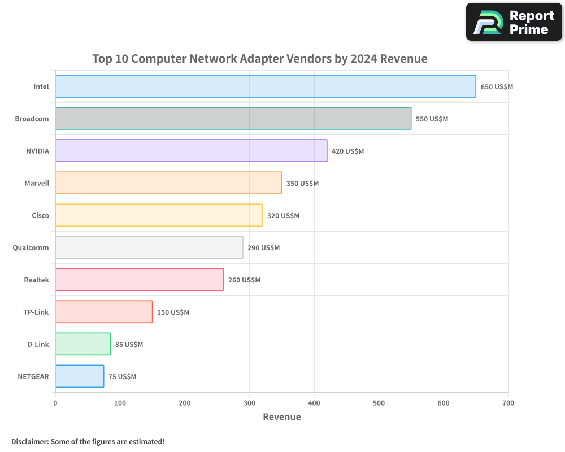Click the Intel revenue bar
[266, 86]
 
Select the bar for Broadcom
[233, 119]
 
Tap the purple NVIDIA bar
[191, 151]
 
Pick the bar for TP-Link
[104, 312]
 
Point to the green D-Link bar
[83, 344]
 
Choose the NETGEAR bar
[80, 376]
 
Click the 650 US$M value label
[497, 87]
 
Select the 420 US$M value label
[347, 151]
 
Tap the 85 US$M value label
[129, 345]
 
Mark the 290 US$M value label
[263, 248]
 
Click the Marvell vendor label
[37, 184]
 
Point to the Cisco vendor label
[41, 216]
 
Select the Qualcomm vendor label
[31, 248]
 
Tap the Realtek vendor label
[37, 280]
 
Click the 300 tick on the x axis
[249, 403]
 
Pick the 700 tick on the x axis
[508, 403]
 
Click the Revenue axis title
[282, 417]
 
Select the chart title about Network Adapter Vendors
[260, 59]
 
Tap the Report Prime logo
[514, 22]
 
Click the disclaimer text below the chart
[88, 441]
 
